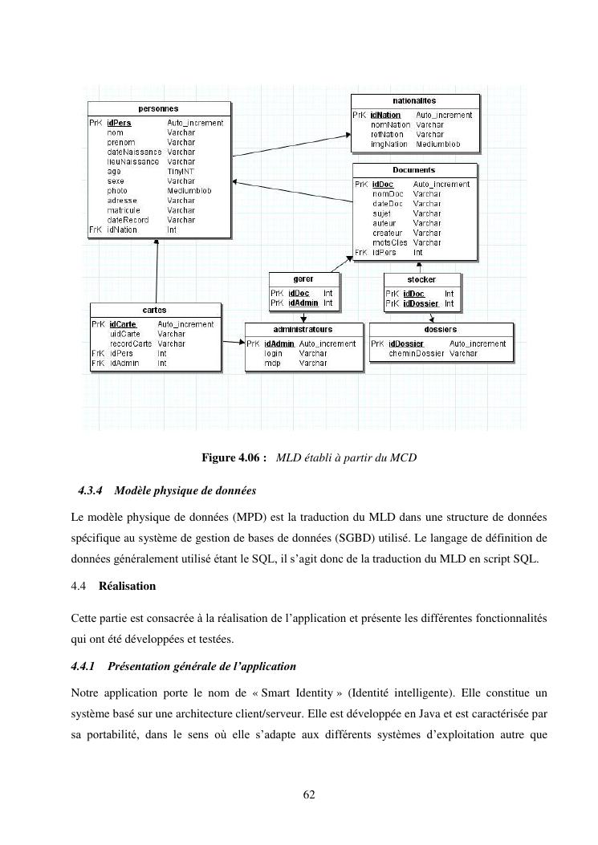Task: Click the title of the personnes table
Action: [158, 108]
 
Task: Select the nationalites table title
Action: [414, 101]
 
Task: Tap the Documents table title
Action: [413, 170]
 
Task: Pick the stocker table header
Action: [421, 279]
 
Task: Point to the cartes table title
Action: [154, 310]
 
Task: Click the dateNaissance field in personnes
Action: [134, 152]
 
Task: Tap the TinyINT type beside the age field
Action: [181, 172]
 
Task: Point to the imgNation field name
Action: [389, 144]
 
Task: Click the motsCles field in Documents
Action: [390, 242]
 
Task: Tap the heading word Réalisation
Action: [127, 587]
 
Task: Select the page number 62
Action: [309, 794]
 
